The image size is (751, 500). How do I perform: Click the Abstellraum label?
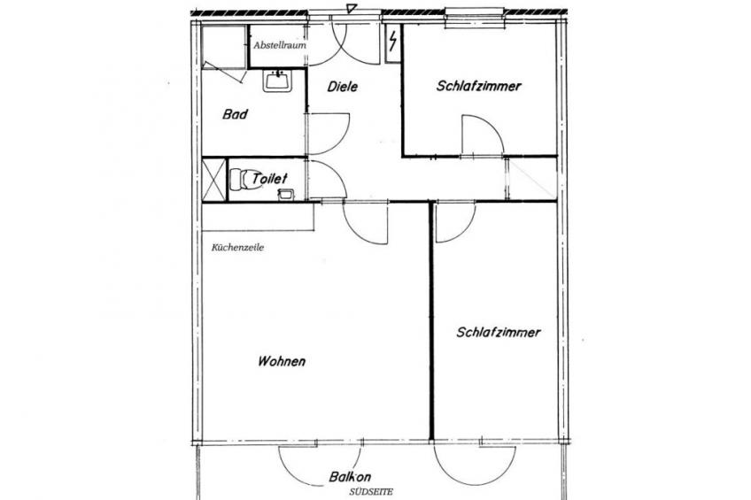tap(280, 45)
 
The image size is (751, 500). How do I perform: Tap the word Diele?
tap(343, 87)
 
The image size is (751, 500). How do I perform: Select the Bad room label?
tap(236, 114)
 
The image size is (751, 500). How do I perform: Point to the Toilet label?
tap(269, 179)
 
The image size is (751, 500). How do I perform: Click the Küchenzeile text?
tap(237, 248)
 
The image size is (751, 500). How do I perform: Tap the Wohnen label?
tap(282, 361)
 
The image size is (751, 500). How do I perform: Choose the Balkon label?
tap(350, 477)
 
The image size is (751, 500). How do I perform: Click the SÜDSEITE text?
tap(371, 492)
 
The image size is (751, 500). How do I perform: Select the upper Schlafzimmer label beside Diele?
tap(479, 86)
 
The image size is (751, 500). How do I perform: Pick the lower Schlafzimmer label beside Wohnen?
tap(499, 333)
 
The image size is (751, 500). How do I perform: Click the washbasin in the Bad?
tap(277, 81)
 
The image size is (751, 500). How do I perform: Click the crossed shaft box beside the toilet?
tap(213, 180)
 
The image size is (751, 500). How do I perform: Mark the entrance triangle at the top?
tap(352, 8)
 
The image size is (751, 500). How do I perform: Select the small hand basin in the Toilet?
tap(286, 194)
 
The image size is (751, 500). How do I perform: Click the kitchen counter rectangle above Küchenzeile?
tap(259, 218)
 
